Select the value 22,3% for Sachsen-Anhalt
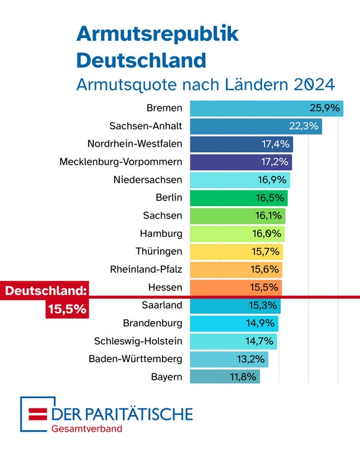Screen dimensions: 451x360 304,126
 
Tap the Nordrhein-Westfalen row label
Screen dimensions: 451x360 135,144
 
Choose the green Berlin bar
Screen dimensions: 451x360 238,198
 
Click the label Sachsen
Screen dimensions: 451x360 163,216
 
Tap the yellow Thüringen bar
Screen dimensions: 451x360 236,252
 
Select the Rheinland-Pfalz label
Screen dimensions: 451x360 146,270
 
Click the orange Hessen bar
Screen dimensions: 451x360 236,288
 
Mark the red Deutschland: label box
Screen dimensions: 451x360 45,290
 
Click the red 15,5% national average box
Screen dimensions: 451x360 66,308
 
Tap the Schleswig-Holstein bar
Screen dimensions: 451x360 233,341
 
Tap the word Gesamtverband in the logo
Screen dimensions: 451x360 87,428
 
